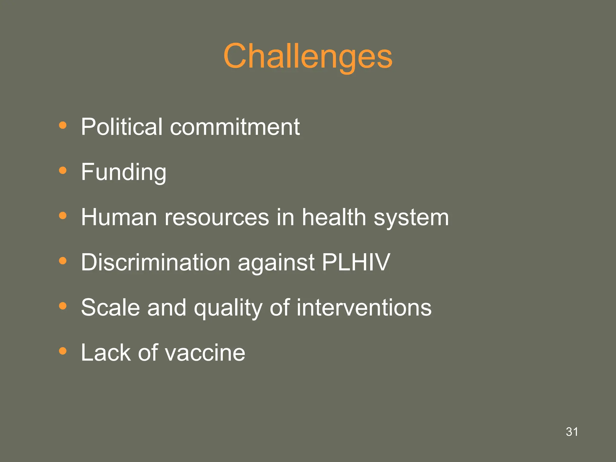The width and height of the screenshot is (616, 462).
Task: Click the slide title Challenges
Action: tap(308, 56)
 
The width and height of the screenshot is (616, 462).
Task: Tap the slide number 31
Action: tap(571, 432)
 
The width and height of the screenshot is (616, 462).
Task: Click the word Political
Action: tap(122, 127)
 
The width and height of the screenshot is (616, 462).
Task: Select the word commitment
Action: tap(235, 127)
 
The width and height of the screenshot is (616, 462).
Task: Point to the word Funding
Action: tap(123, 172)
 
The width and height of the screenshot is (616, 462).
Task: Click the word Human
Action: tap(119, 217)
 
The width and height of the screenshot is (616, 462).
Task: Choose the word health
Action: tap(334, 217)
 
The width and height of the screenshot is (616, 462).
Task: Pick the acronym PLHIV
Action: tap(356, 262)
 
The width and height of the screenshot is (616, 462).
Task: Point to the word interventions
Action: tap(364, 307)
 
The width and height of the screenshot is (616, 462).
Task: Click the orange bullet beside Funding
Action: tap(63, 171)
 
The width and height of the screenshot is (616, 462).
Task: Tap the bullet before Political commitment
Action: tap(63, 125)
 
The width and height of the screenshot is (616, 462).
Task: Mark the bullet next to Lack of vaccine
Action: tap(63, 351)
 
